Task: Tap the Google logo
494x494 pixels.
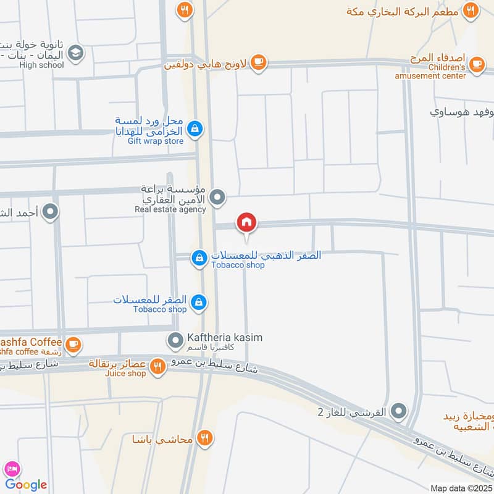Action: tap(26, 485)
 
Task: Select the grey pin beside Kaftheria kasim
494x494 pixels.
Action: tap(176, 339)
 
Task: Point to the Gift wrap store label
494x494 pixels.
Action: tap(156, 141)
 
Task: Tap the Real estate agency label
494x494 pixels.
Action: tap(170, 209)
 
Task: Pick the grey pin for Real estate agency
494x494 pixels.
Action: tap(217, 198)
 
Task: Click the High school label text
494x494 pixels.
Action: tap(41, 65)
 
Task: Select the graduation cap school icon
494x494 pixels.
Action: tap(75, 53)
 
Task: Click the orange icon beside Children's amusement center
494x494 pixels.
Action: tap(476, 64)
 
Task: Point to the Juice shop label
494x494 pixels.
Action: tap(125, 373)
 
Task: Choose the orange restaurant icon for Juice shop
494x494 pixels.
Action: tap(158, 367)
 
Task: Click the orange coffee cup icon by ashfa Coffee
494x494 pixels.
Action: tap(73, 344)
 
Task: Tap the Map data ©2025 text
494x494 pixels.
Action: tap(460, 488)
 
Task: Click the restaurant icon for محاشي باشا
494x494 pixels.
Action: tap(205, 438)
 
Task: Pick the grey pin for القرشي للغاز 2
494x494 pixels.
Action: tap(399, 410)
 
